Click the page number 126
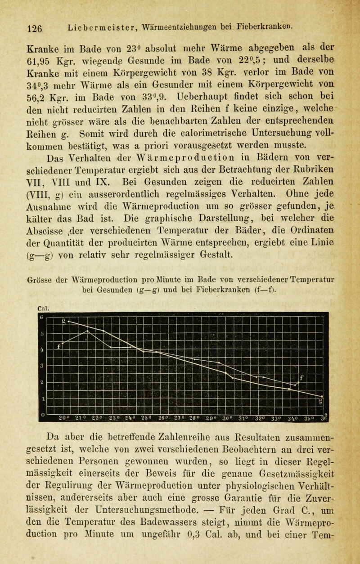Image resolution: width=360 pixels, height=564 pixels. (x=19, y=27)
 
